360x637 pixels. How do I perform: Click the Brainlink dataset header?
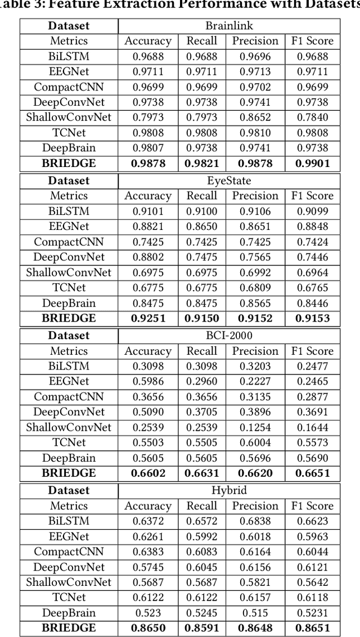coord(229,26)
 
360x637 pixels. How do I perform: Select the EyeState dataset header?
coord(229,180)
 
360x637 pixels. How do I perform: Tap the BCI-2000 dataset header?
coord(229,336)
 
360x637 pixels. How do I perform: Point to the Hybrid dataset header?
coord(229,490)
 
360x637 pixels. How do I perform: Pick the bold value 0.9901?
coord(313,164)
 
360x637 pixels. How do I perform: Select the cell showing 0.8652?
coord(255,118)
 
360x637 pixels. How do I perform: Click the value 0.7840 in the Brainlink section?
coord(313,118)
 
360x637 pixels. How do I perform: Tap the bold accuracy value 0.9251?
coord(148,318)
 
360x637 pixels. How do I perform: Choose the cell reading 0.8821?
coord(148,227)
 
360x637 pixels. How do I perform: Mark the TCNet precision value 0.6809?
coord(255,288)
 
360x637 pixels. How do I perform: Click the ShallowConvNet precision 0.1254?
coord(255,427)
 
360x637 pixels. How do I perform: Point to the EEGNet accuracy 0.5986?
coord(148,382)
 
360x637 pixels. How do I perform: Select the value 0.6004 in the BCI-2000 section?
coord(255,443)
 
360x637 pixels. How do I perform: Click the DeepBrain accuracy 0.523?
coord(148,613)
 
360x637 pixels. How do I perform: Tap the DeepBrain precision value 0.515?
coord(255,613)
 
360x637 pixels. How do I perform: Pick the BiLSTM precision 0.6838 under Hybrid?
coord(255,521)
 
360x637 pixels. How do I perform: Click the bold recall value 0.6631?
coord(201,473)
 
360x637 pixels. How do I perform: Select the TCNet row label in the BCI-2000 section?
coord(69,443)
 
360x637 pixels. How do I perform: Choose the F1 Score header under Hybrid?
coord(313,506)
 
